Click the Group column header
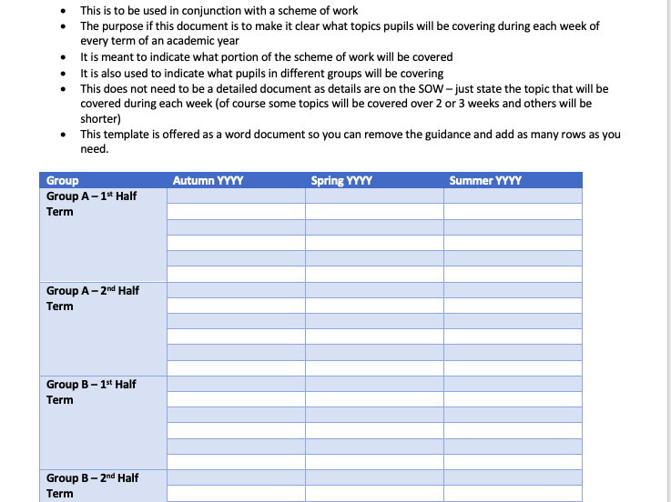click(62, 181)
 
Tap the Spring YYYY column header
click(341, 181)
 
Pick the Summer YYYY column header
click(485, 181)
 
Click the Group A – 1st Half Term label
click(91, 204)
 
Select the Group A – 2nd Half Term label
click(92, 297)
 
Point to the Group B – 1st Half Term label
click(91, 392)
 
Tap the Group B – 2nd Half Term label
click(92, 486)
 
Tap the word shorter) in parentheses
click(100, 118)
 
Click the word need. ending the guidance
click(94, 149)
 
